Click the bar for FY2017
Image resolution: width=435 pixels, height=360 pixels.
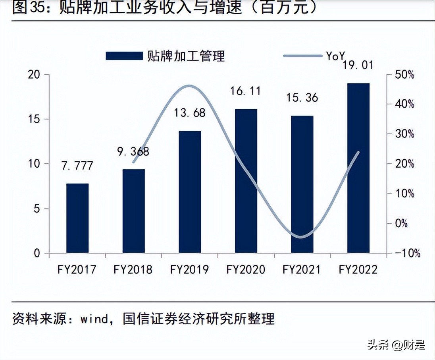pyautogui.click(x=77, y=218)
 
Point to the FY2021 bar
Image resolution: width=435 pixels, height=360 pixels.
pyautogui.click(x=302, y=184)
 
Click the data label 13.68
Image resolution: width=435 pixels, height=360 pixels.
pyautogui.click(x=190, y=113)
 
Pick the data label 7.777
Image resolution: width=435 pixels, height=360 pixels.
pyautogui.click(x=77, y=166)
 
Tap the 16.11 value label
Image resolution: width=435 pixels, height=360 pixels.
pyautogui.click(x=246, y=91)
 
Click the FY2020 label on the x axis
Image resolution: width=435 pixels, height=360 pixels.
pyautogui.click(x=246, y=270)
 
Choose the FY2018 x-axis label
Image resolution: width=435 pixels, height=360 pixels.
pyautogui.click(x=133, y=270)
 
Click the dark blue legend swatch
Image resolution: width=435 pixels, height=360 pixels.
pyautogui.click(x=124, y=56)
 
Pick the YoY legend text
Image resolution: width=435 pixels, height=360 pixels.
pyautogui.click(x=335, y=56)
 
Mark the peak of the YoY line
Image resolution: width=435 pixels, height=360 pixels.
pyautogui.click(x=190, y=86)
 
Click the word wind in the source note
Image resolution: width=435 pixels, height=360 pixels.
pyautogui.click(x=94, y=319)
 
